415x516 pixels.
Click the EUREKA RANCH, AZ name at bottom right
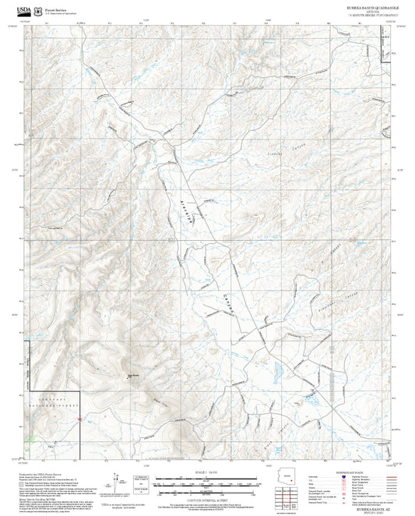tap(369, 507)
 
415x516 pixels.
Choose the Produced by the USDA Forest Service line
tap(47, 472)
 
